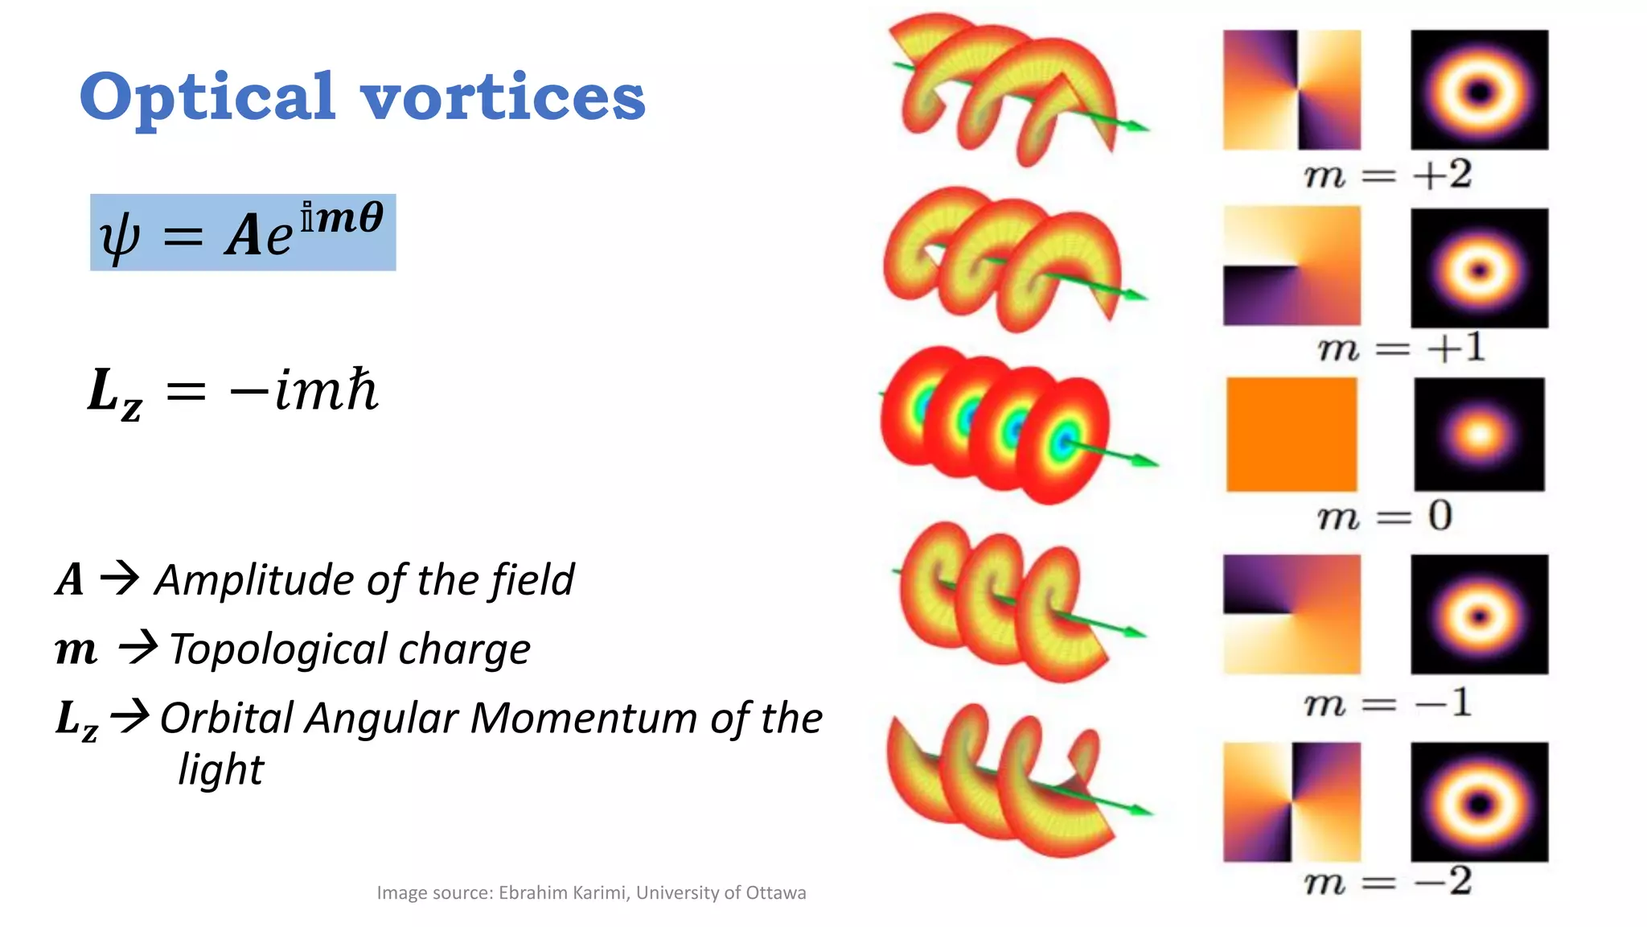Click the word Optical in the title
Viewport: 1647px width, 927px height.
pos(207,98)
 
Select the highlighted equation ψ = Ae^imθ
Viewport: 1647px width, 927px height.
pos(243,233)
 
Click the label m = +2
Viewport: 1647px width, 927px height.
pos(1387,174)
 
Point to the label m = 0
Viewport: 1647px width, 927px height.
pos(1384,515)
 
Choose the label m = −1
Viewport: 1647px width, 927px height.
pos(1387,703)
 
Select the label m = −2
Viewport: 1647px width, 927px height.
pos(1387,881)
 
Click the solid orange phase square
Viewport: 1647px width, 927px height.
pos(1292,435)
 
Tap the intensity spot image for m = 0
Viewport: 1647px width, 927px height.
pos(1479,435)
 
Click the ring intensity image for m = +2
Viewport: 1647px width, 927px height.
pos(1479,90)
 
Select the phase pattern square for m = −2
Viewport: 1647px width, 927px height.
pos(1292,801)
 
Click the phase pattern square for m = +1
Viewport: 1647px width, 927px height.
pos(1292,266)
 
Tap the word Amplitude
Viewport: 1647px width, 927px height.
pos(256,580)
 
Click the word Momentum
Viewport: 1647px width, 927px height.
pos(584,718)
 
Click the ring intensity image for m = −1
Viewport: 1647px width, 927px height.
pos(1479,614)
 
